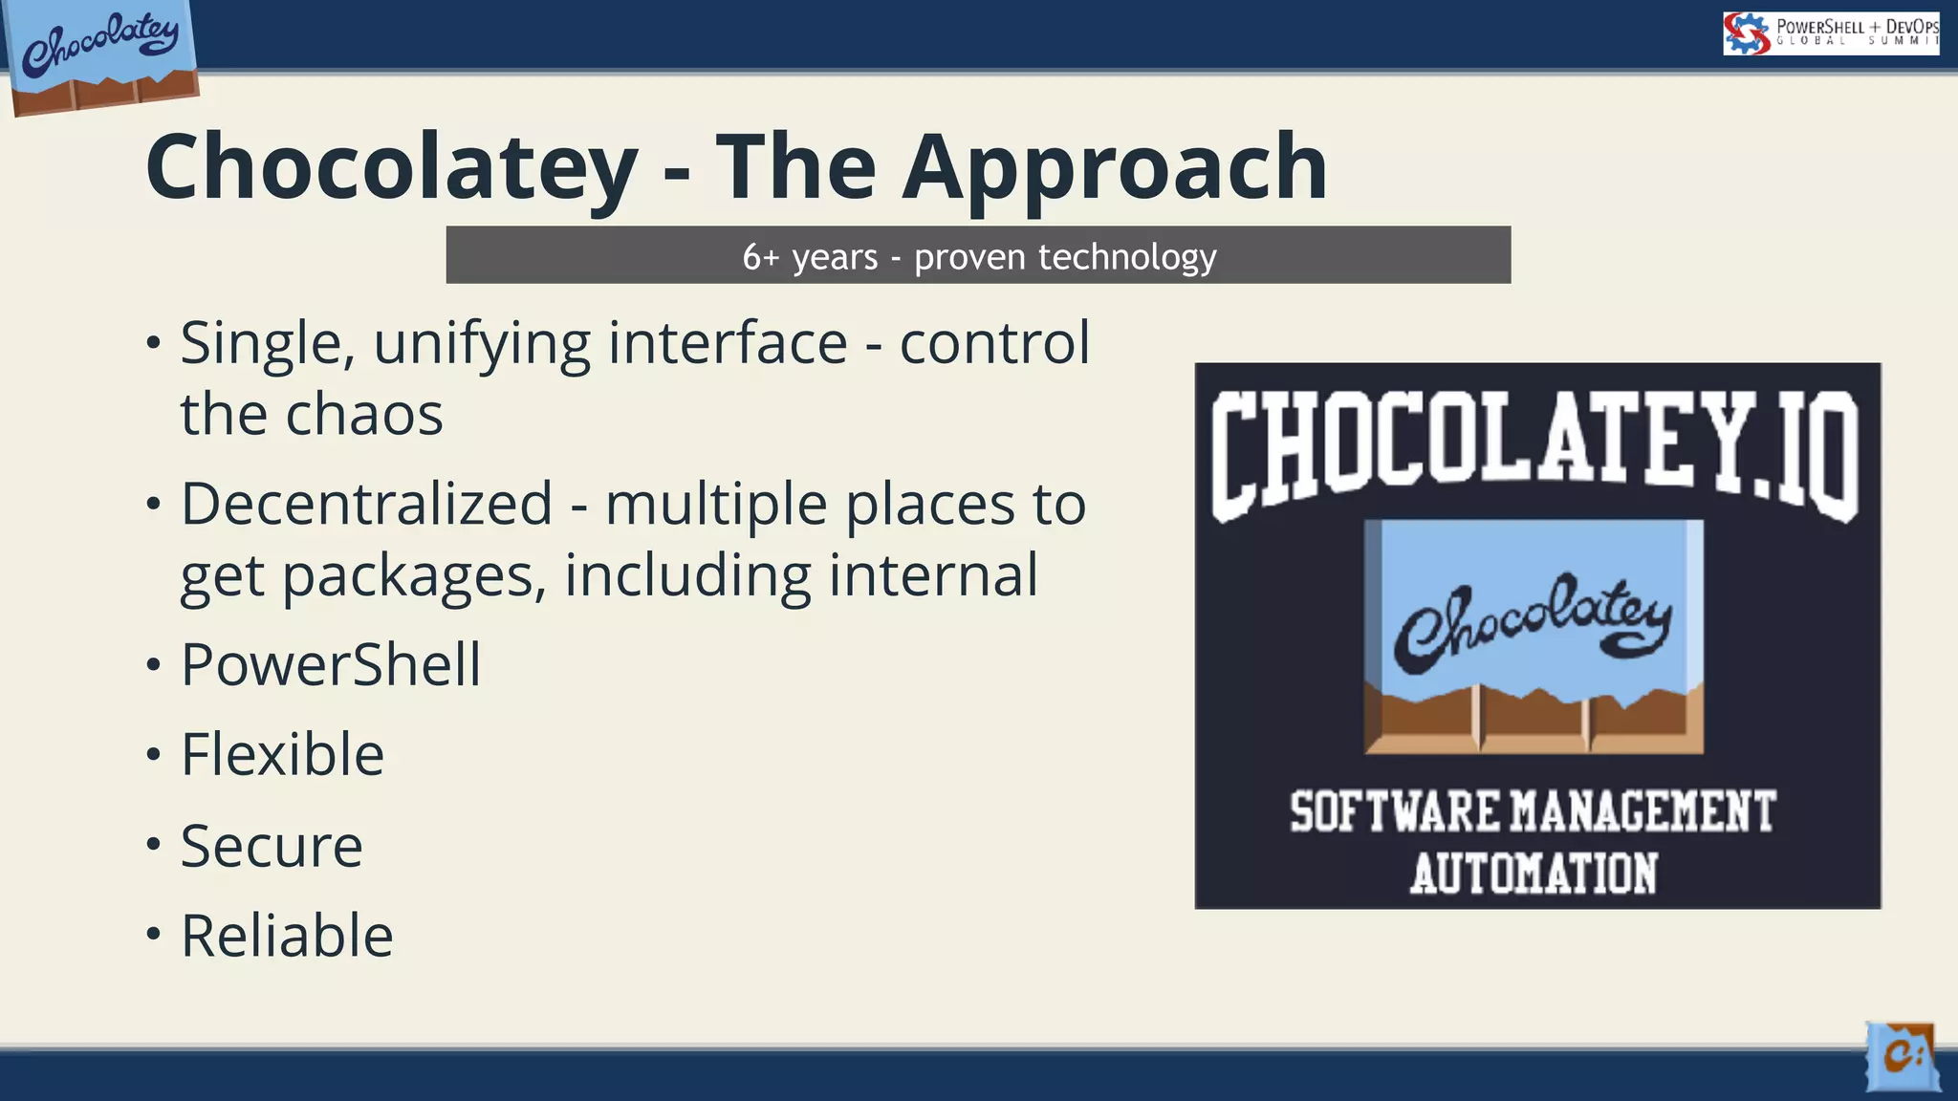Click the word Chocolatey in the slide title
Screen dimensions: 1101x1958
coord(391,169)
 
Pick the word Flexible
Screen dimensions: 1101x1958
coord(283,755)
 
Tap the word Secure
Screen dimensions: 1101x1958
coord(272,846)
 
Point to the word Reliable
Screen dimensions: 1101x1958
coord(287,936)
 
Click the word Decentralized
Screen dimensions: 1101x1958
coord(366,504)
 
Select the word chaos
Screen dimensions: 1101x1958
coord(364,415)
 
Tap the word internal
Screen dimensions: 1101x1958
coord(932,575)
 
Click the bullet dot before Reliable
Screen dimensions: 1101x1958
coord(154,934)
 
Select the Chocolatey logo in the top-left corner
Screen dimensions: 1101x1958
coord(101,54)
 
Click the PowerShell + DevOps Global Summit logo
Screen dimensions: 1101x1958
coord(1830,33)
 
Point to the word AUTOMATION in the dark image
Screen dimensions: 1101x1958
coord(1534,874)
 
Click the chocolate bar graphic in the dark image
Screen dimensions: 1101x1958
coord(1534,637)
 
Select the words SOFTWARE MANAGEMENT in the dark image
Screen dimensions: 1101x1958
coord(1534,812)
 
